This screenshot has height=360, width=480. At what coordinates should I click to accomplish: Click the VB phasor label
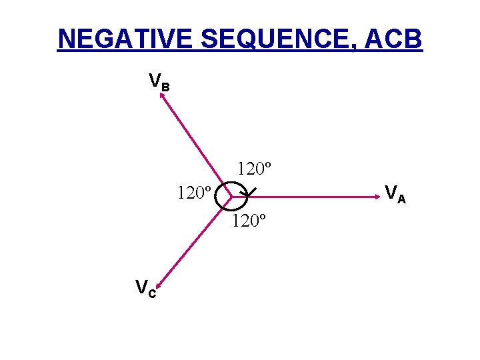(159, 83)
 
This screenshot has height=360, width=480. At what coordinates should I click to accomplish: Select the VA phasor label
(395, 194)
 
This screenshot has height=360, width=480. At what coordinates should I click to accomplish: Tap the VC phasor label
(146, 289)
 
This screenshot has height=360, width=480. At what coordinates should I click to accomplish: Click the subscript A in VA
(401, 198)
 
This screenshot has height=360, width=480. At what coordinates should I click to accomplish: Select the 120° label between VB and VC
(195, 194)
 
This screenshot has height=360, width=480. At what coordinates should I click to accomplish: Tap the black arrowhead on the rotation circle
(247, 194)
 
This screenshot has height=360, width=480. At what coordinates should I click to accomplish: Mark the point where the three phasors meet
(230, 197)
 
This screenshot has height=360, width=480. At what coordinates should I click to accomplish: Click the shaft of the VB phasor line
(197, 147)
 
